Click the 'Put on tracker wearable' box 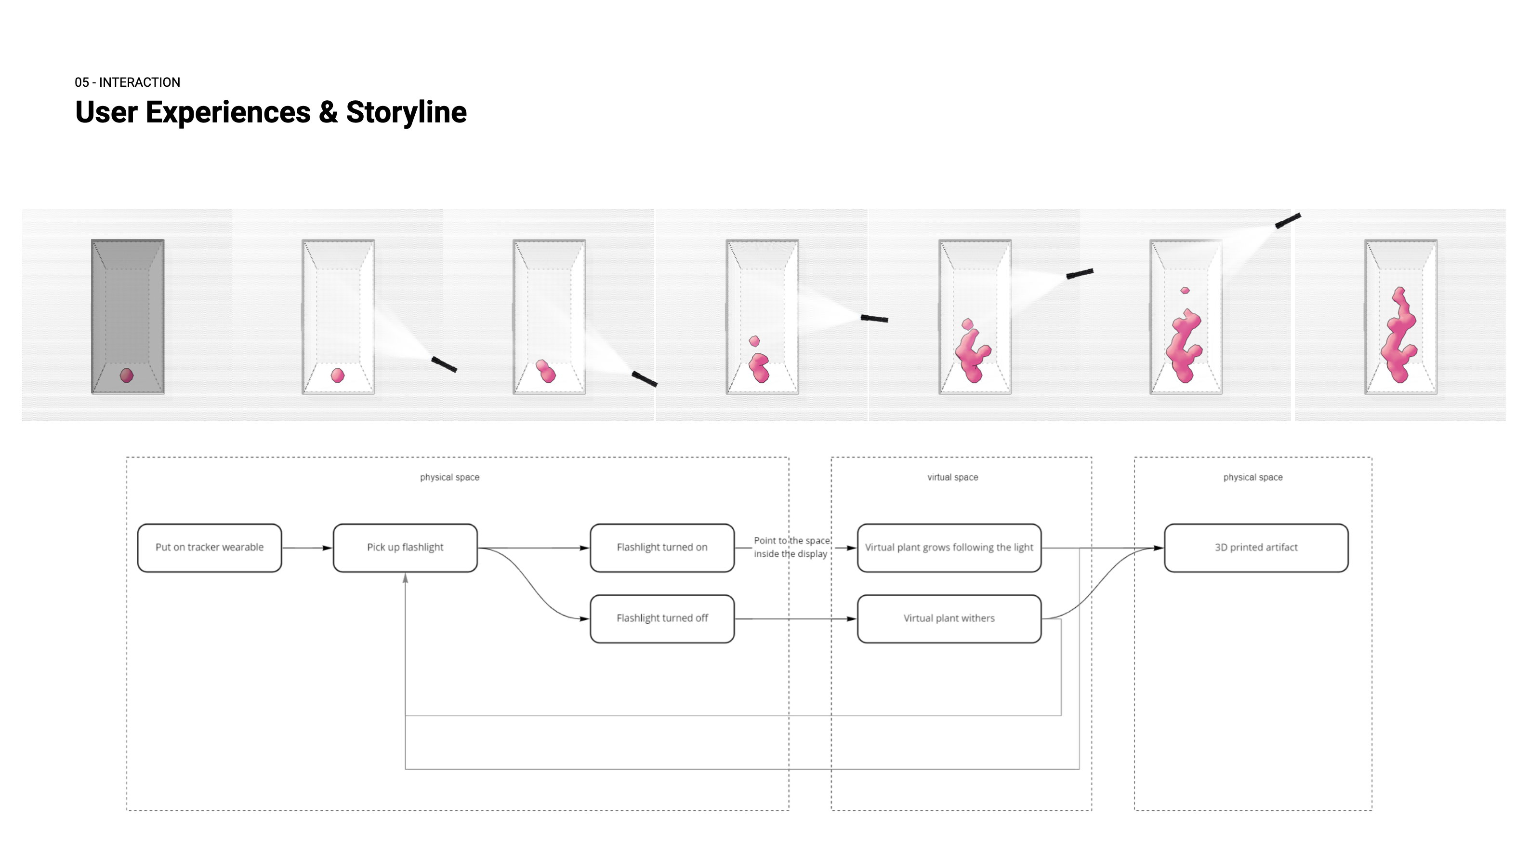pos(209,548)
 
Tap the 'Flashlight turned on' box pos(662,548)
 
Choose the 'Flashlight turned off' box pos(662,618)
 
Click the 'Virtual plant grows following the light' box pos(949,548)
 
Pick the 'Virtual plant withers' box pos(949,618)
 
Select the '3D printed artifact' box pos(1255,548)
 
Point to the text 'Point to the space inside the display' pos(791,547)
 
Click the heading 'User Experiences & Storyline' pos(271,112)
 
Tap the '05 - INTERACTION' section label pos(128,82)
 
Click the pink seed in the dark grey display pos(126,375)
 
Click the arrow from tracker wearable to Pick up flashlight pos(306,548)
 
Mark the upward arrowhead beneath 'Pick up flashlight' pos(406,578)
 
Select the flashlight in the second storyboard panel pos(444,364)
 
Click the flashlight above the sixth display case pos(1288,220)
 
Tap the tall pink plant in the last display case pos(1399,335)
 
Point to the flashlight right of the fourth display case pos(874,319)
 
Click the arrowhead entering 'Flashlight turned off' pos(584,619)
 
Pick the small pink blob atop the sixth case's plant pos(1185,290)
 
